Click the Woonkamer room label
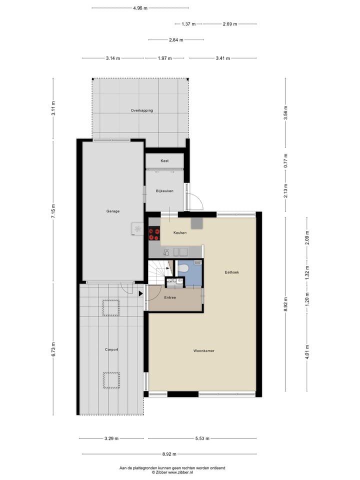[204, 351]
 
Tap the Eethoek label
[232, 272]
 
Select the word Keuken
[180, 233]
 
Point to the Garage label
[112, 211]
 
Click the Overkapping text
[141, 110]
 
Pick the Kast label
[164, 161]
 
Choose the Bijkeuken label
[164, 191]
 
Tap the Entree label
[173, 298]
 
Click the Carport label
[111, 349]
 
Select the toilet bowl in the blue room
[182, 269]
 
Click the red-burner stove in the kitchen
[153, 234]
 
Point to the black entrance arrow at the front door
[141, 293]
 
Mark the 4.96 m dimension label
[140, 8]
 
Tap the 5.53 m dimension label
[202, 438]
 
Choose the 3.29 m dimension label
[111, 438]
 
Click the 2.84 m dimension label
[175, 40]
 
